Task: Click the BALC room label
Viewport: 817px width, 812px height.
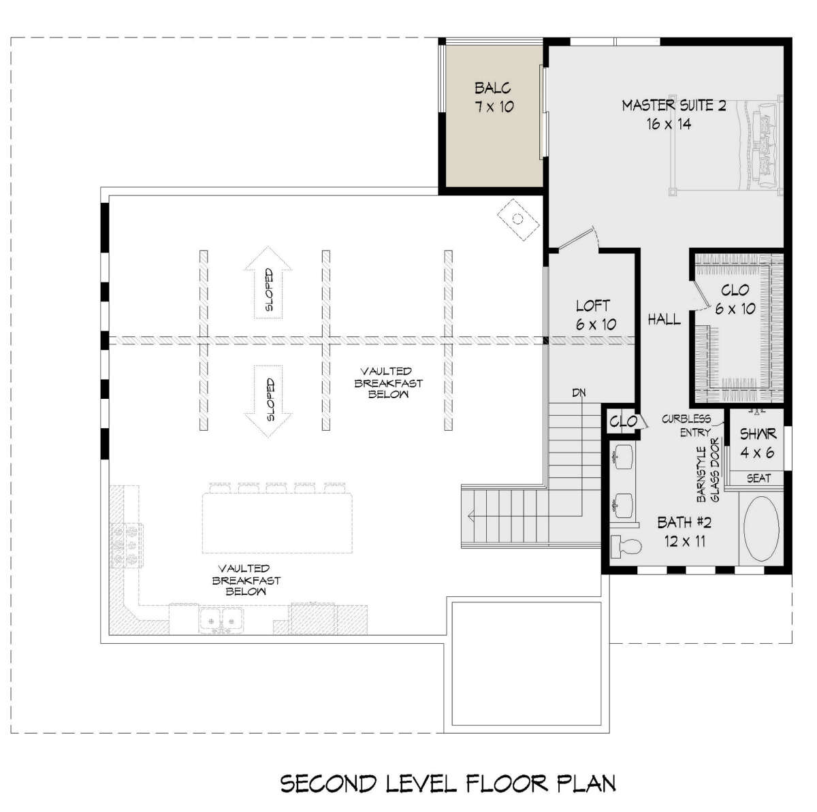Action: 493,88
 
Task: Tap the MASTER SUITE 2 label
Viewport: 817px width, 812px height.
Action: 674,105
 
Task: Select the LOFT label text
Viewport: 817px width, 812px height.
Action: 593,306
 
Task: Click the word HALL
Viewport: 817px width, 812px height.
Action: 664,319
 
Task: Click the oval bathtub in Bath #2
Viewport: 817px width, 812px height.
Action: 761,528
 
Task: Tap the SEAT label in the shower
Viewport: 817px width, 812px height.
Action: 758,478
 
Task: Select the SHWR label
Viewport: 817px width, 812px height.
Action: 758,434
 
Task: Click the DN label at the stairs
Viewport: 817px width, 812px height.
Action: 579,393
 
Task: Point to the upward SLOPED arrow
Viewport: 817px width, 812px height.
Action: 268,282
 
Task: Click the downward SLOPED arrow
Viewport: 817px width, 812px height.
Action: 268,401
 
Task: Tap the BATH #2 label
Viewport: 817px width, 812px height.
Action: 684,523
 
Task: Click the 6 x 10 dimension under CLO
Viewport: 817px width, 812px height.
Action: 735,308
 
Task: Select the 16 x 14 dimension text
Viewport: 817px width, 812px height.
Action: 669,124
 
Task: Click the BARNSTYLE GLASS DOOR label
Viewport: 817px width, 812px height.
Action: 709,474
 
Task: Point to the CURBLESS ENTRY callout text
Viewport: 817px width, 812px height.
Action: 687,425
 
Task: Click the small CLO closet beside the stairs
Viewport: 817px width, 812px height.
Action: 623,421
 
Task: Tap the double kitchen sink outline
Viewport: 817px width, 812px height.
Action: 222,620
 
